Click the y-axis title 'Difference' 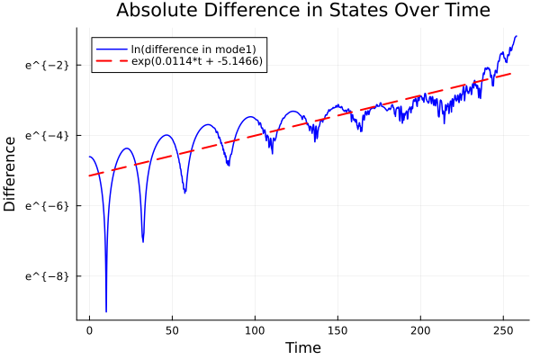10,174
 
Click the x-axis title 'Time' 302,348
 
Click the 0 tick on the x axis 89,330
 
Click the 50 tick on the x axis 172,330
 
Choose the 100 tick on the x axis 255,330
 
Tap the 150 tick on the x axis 337,330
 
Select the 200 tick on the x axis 420,330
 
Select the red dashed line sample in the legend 112,62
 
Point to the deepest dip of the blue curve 106,311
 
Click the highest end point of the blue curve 517,36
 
